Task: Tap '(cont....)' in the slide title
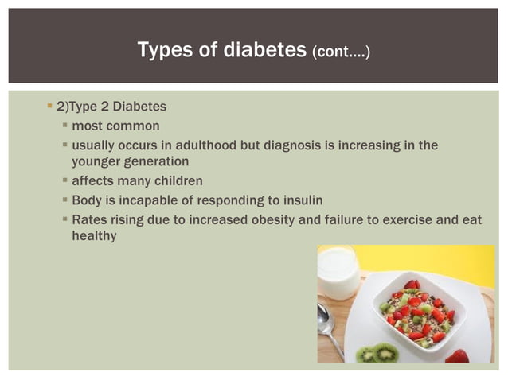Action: coord(342,52)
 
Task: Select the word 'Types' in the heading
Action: coord(165,51)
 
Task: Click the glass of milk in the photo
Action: coord(338,270)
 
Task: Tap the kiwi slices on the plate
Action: coord(380,351)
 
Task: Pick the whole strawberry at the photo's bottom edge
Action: coord(457,356)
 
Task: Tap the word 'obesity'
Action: coord(303,219)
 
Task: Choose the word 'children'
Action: coord(174,181)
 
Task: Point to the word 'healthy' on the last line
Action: coord(94,236)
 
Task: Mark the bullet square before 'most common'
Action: coord(64,126)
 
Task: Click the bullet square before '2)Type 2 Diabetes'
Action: coord(50,106)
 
